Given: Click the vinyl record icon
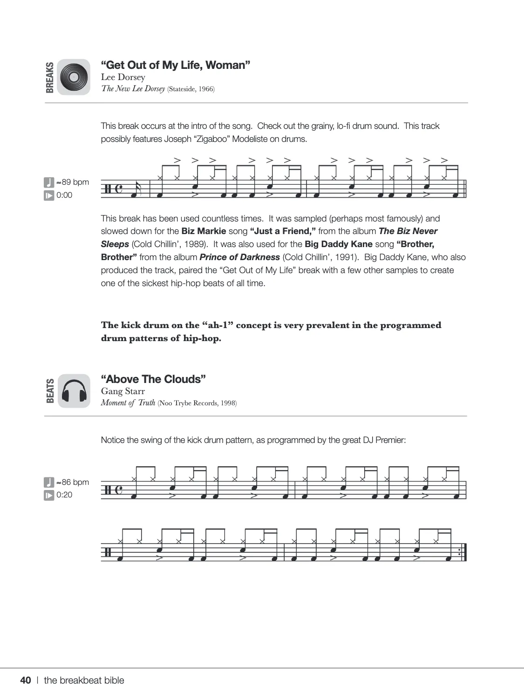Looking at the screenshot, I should (74, 77).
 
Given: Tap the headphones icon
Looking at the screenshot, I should (74, 391).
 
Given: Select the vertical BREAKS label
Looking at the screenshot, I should (50, 77).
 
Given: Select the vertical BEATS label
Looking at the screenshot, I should (50, 391).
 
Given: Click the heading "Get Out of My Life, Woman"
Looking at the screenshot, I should (176, 65).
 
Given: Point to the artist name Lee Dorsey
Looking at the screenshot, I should (123, 77).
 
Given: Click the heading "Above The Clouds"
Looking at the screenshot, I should (153, 379).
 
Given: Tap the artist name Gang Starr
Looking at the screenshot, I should (123, 391).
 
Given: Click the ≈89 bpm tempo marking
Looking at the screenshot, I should (72, 182).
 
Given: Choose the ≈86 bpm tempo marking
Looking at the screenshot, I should (72, 482).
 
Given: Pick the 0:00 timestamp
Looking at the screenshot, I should (64, 195).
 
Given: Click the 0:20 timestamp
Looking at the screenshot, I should (64, 495).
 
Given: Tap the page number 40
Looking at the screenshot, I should (26, 680).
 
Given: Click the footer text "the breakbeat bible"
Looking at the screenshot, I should (84, 680).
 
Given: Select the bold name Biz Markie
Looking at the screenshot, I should (204, 231).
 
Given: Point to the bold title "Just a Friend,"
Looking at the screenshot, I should (283, 231).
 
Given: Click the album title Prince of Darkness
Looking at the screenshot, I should (240, 257).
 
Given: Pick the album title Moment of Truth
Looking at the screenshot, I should (128, 403).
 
